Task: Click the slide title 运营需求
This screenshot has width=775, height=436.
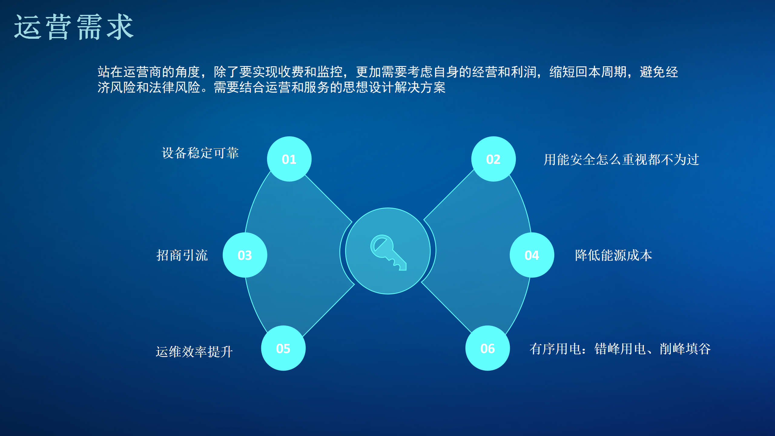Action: (x=74, y=27)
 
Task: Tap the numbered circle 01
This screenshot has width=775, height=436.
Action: (x=289, y=159)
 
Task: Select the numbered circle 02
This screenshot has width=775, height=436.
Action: (x=493, y=159)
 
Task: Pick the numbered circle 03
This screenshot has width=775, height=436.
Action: (x=245, y=255)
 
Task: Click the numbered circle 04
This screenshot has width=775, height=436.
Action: (x=532, y=255)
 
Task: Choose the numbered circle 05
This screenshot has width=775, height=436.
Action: (x=283, y=348)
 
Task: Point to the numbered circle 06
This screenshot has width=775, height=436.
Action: (x=488, y=348)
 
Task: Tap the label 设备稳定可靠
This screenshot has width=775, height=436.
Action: (x=200, y=153)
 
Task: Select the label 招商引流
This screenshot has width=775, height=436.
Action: (x=182, y=255)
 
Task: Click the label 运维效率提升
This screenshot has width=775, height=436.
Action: (x=194, y=352)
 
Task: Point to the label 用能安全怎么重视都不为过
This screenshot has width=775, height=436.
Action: (x=621, y=160)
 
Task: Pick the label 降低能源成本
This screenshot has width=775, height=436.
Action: (x=614, y=255)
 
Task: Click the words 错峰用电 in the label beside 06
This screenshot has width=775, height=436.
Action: (x=620, y=349)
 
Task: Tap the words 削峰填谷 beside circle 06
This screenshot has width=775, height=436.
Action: (x=685, y=349)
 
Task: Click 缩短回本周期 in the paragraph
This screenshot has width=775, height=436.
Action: (x=588, y=72)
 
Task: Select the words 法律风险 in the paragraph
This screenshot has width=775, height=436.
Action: (x=175, y=88)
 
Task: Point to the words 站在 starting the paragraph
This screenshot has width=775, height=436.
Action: (x=110, y=72)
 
